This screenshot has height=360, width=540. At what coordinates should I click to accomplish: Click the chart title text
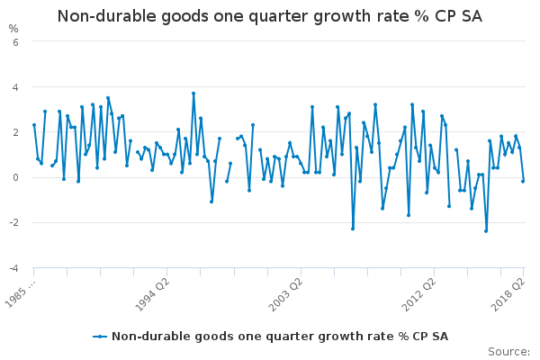pos(270,16)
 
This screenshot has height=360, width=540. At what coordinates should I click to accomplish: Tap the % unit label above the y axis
pos(13,29)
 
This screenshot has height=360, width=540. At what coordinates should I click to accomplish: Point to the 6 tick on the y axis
pos(15,42)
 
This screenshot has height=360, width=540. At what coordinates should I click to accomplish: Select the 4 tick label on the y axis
pos(15,87)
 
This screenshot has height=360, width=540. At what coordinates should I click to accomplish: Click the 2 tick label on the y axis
pos(15,132)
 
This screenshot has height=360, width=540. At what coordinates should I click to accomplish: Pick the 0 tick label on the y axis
pos(15,177)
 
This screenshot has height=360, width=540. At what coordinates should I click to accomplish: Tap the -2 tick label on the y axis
pos(13,222)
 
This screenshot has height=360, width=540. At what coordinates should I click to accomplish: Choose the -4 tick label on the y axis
pos(13,268)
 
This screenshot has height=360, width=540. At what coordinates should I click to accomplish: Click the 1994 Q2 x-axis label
pos(152,294)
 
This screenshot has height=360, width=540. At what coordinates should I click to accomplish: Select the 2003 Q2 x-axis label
pos(285,294)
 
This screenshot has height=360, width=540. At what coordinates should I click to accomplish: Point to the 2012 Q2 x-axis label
pos(419,294)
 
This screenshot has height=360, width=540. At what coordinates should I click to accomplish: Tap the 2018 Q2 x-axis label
pos(508,294)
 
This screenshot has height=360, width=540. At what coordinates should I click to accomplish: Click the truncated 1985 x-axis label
pos(21,294)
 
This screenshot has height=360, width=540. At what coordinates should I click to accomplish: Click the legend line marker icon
pos(100,337)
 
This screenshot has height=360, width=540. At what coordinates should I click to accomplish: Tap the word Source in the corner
pos(508,352)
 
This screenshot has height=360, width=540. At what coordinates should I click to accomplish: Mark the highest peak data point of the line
pos(193,94)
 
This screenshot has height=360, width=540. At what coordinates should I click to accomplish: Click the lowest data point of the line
pos(486,231)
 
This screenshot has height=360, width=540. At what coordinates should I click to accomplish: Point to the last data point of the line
pos(523,181)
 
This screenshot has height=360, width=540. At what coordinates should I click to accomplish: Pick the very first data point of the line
pos(34,125)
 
